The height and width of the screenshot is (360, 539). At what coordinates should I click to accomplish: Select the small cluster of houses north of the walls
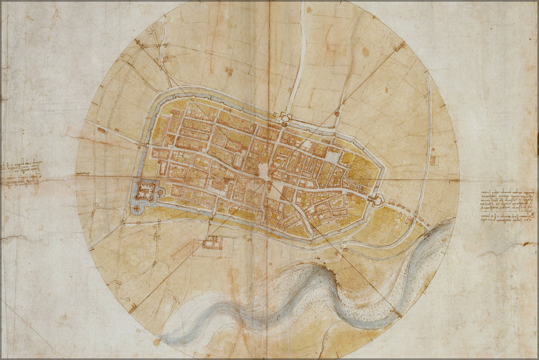229,71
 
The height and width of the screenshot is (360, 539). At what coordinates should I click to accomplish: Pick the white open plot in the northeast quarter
333,156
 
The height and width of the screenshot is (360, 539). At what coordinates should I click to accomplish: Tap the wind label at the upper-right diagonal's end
399,47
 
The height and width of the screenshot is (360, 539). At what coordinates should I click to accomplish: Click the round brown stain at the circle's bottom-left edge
157,341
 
